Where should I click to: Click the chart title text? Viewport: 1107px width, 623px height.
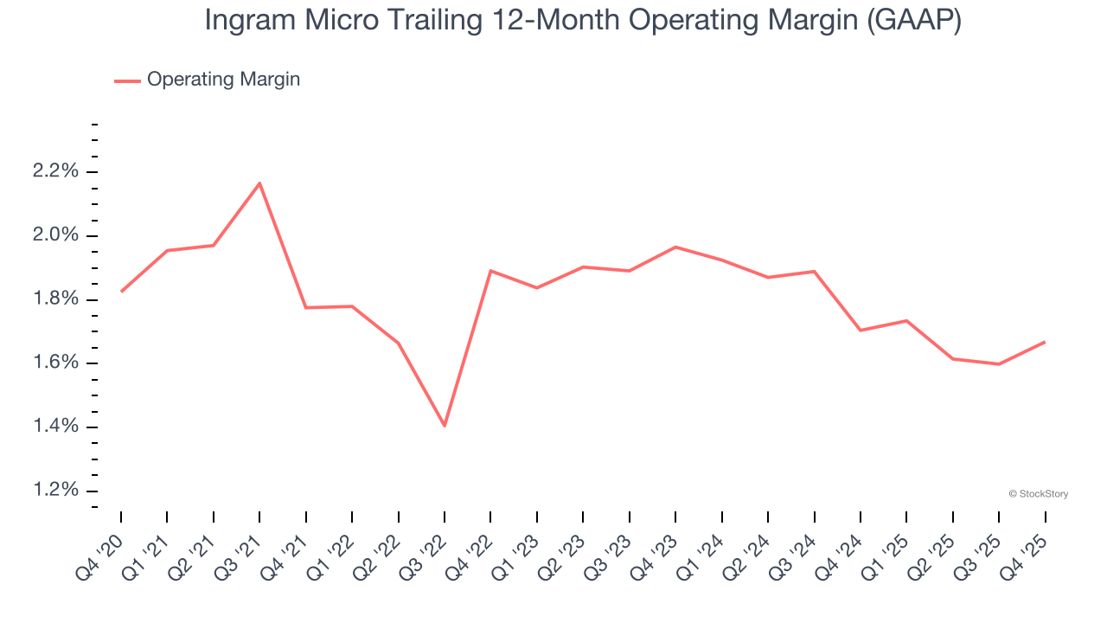[x=582, y=21]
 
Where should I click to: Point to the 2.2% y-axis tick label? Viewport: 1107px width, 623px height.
[x=55, y=171]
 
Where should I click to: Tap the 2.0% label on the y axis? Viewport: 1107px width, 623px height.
[x=55, y=235]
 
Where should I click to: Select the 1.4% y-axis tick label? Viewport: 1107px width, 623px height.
[x=55, y=427]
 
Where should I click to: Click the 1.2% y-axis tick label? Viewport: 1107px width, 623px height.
[x=55, y=491]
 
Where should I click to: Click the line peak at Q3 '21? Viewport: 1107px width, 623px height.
[x=259, y=183]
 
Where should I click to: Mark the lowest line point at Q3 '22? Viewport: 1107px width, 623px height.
[x=445, y=426]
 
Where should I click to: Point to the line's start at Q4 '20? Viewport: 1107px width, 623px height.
[x=121, y=292]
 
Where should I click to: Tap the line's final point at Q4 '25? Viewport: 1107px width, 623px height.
[x=1045, y=342]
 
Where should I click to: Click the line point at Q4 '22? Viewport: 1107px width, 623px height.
[x=490, y=271]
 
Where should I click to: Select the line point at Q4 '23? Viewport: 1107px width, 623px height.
[x=675, y=247]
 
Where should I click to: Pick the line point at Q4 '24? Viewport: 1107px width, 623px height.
[x=861, y=331]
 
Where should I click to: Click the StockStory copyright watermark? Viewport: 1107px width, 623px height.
[x=1038, y=494]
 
